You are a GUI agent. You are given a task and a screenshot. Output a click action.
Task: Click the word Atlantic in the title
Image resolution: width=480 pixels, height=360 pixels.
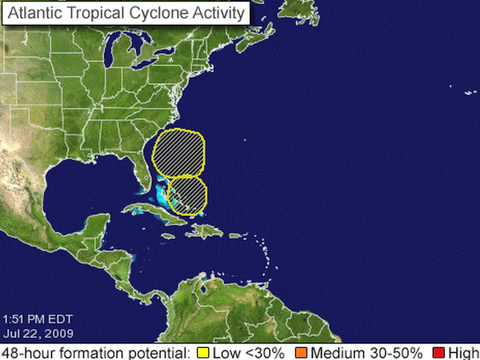tap(36, 13)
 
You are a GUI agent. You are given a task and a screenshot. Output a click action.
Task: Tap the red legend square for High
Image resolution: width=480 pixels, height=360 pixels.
tap(439, 352)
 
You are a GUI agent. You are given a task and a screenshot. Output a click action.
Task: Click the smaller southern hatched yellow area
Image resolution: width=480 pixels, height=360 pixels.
tap(187, 193)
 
